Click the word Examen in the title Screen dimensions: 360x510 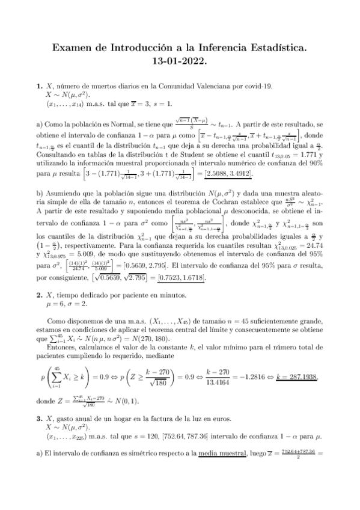click(x=73, y=46)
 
